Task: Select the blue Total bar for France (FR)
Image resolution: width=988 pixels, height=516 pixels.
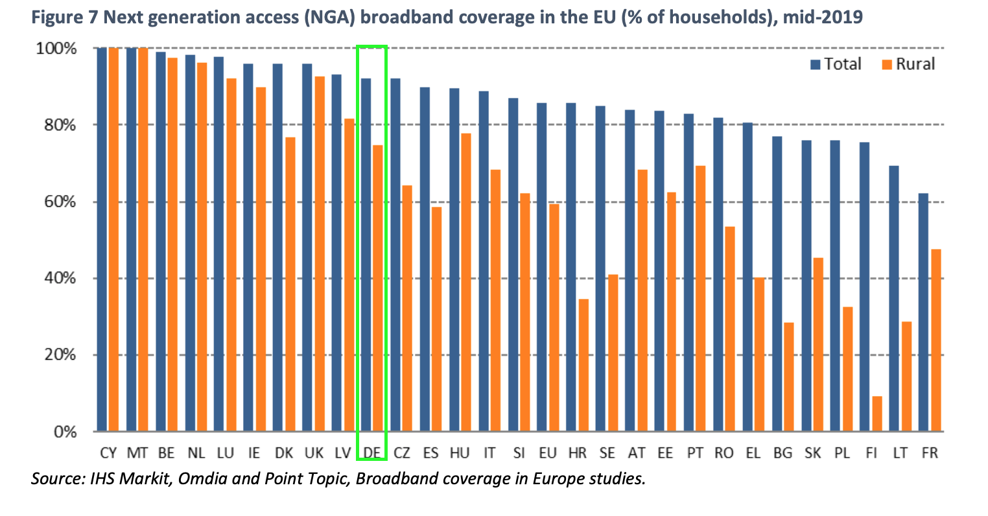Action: tap(923, 312)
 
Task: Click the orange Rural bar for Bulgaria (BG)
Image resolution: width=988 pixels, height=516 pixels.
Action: tap(788, 377)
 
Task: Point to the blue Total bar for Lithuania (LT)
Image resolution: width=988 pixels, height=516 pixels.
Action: tap(893, 298)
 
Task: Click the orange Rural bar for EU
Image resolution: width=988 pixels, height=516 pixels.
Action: tap(554, 318)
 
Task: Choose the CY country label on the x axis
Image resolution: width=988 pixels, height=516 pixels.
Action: tap(108, 453)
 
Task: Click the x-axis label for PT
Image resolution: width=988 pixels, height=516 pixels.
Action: tap(695, 453)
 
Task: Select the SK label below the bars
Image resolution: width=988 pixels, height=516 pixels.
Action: tap(812, 453)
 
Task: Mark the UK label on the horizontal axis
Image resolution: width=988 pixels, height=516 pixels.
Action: tap(314, 453)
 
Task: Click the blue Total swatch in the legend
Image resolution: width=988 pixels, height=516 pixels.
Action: tap(815, 64)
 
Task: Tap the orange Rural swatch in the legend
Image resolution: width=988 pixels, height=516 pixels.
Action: tap(887, 64)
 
